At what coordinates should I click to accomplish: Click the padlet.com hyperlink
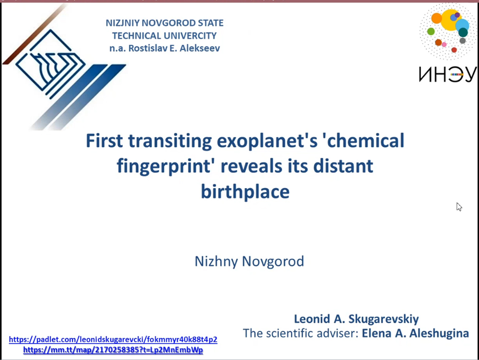[113, 339]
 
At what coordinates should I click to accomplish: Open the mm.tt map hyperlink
[113, 349]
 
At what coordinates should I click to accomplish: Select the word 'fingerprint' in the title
[164, 167]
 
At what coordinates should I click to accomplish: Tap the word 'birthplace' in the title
[245, 192]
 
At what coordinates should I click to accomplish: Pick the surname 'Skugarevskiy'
[383, 319]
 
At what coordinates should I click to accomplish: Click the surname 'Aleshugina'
[439, 333]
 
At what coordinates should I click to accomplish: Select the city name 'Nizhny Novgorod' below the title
[249, 261]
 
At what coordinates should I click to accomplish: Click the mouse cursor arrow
[459, 207]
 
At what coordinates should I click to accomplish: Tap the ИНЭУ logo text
[447, 74]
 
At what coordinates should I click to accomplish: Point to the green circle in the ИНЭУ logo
[431, 31]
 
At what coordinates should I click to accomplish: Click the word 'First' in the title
[104, 141]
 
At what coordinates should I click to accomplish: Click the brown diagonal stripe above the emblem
[34, 34]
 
